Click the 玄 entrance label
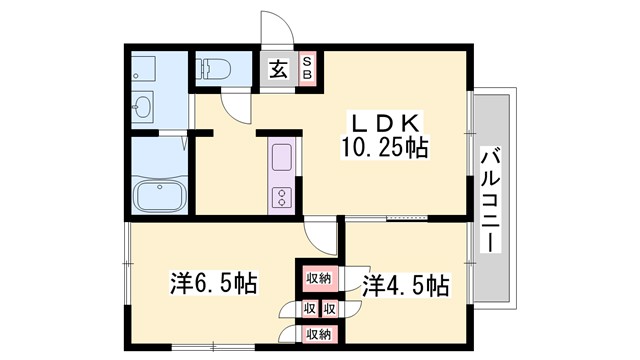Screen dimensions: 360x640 (278, 71)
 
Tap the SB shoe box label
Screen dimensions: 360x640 (307, 71)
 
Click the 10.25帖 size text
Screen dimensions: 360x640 (387, 149)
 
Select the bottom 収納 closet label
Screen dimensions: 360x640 (319, 334)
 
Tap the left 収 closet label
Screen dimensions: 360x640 (311, 308)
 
